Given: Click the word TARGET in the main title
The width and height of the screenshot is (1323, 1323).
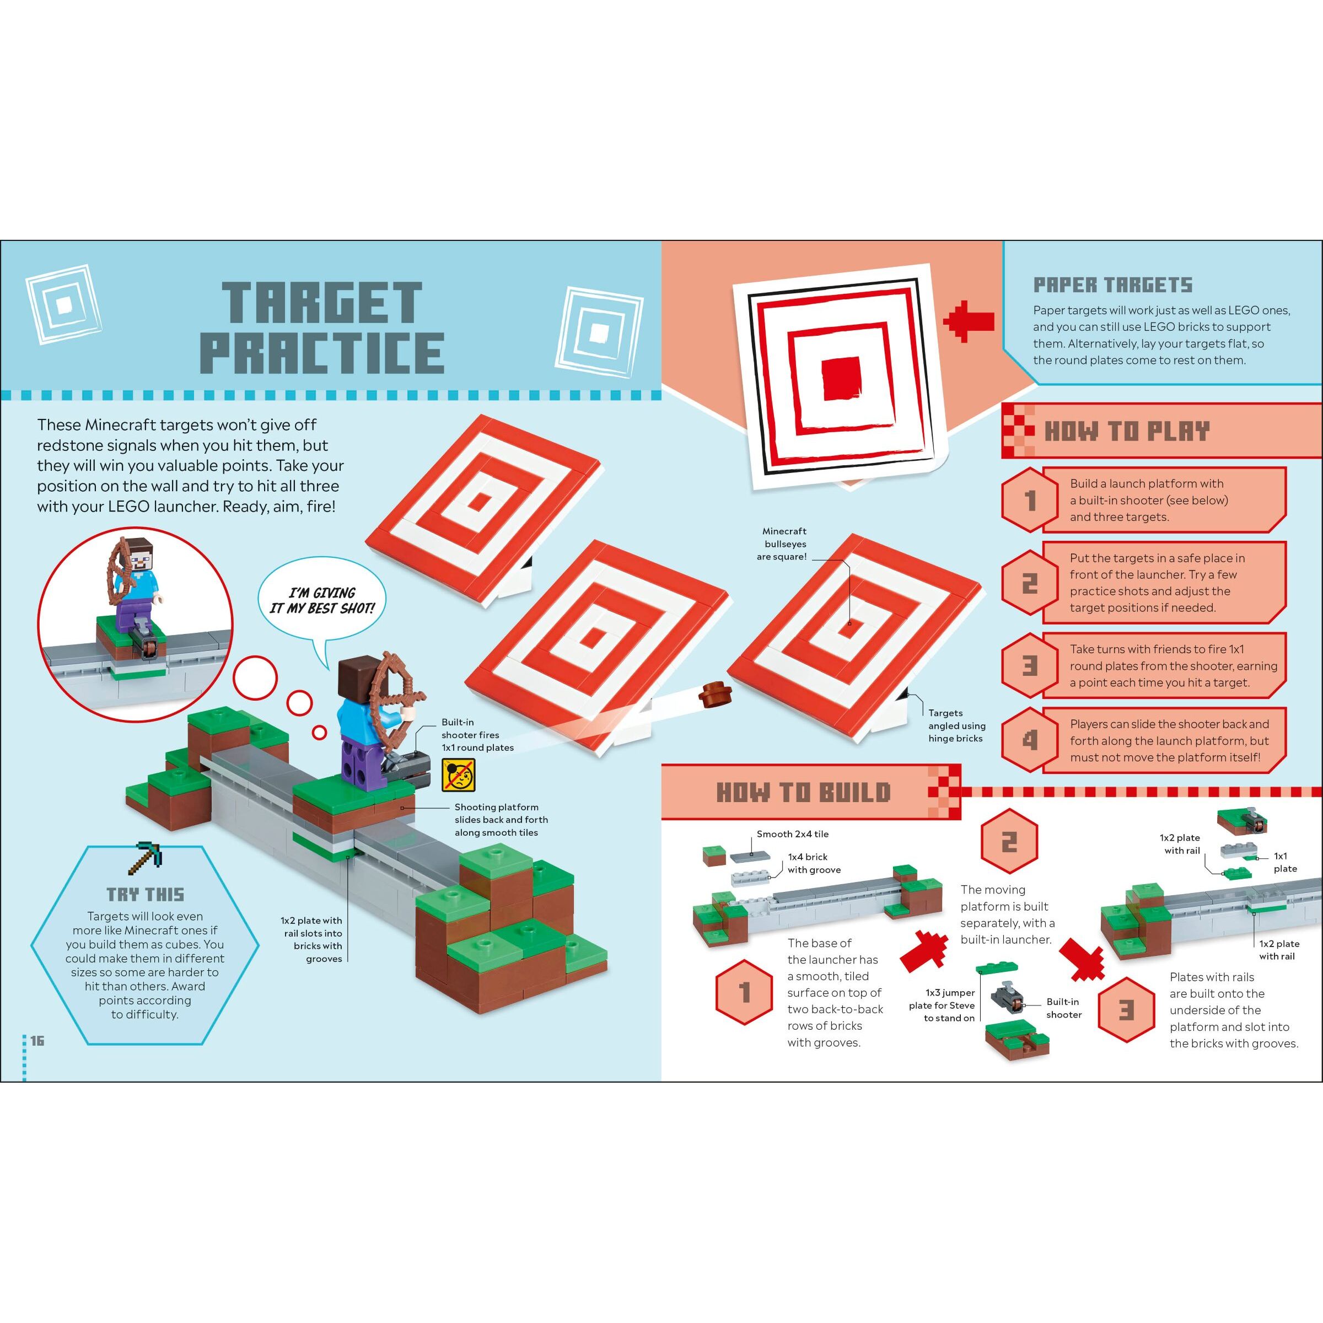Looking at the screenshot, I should [322, 302].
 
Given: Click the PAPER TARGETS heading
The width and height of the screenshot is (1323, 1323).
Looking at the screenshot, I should [1113, 285].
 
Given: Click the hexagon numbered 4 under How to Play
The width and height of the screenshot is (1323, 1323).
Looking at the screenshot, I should [1029, 740].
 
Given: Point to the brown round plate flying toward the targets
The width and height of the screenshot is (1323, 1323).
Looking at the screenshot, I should [715, 693].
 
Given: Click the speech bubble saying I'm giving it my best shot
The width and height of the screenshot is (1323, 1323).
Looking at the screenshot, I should [322, 600].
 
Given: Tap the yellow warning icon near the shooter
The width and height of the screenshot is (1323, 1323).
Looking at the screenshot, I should [458, 775].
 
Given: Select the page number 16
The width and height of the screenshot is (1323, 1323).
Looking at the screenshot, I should [37, 1041].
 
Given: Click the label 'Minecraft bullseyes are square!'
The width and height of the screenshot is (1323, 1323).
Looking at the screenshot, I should [785, 544].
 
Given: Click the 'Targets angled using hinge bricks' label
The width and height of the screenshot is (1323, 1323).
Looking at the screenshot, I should [956, 726].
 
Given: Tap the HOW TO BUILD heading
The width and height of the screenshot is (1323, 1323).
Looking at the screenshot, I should [803, 792].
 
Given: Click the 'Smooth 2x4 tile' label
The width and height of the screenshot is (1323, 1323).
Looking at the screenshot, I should [792, 834].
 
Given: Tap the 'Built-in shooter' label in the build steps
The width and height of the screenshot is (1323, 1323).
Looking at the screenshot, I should [1063, 1008].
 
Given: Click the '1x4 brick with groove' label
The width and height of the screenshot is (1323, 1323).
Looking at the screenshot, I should [814, 863].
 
